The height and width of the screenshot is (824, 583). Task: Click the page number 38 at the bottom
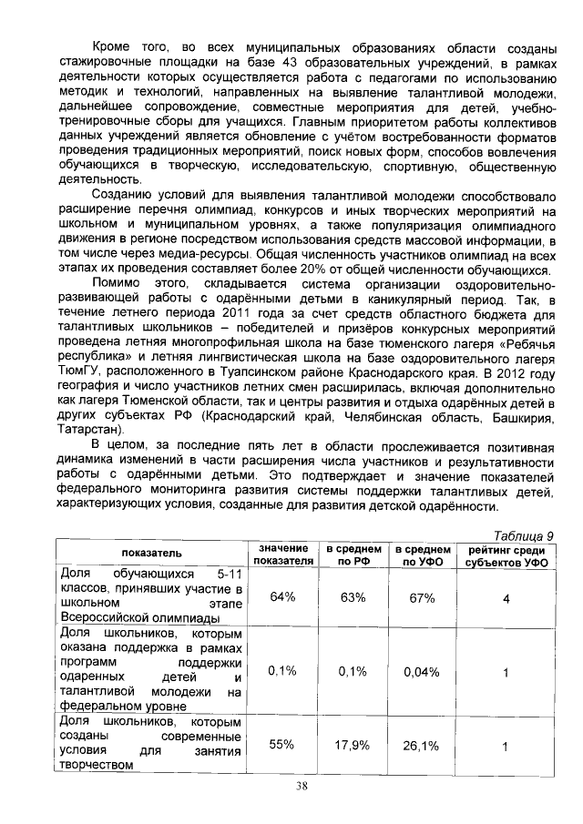click(x=291, y=788)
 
